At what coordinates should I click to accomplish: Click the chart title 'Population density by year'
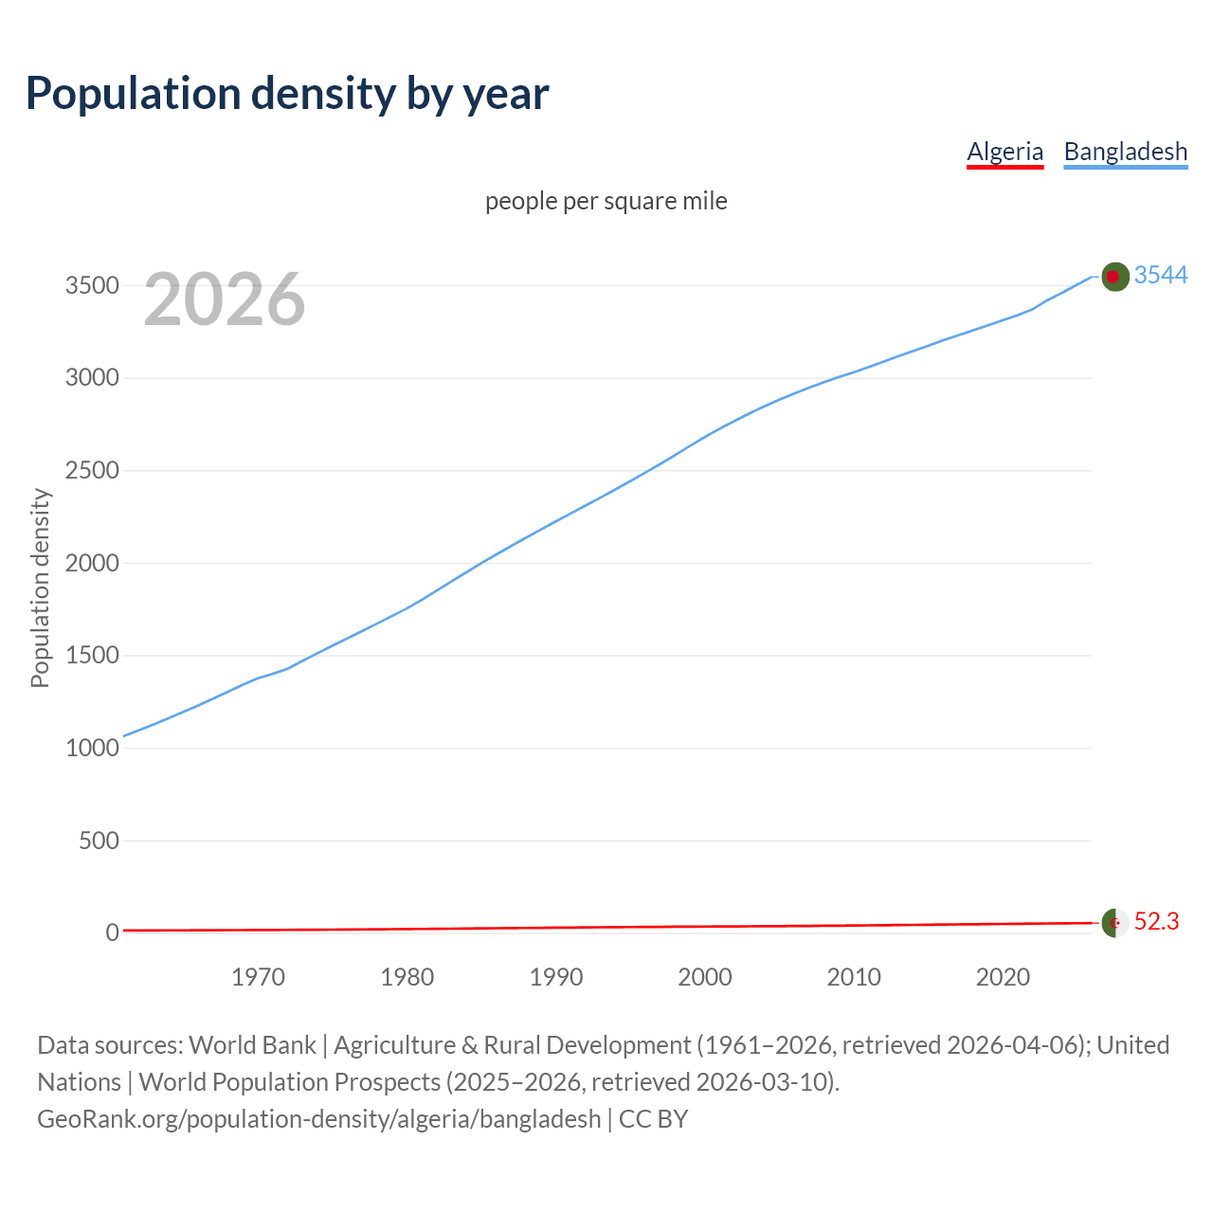[x=287, y=94]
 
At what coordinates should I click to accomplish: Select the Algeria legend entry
[x=1005, y=152]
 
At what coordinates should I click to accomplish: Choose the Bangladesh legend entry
[x=1125, y=152]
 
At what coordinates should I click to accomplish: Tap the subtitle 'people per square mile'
[x=606, y=202]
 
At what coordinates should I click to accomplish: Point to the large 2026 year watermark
[x=225, y=299]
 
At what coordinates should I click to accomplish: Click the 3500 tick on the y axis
[x=92, y=286]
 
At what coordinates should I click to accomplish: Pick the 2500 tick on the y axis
[x=92, y=471]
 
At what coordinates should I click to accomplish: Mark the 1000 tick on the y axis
[x=92, y=749]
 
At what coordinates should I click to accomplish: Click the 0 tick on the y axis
[x=112, y=933]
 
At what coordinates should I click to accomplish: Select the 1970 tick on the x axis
[x=258, y=977]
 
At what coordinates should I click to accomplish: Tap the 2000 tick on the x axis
[x=704, y=977]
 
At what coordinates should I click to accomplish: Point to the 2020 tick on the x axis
[x=1003, y=977]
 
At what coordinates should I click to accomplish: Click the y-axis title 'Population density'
[x=40, y=588]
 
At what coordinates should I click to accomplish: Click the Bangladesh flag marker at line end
[x=1114, y=276]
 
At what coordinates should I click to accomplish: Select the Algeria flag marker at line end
[x=1114, y=922]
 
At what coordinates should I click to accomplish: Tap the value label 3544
[x=1161, y=275]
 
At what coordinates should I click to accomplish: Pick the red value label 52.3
[x=1156, y=921]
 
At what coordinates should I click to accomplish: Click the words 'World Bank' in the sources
[x=252, y=1045]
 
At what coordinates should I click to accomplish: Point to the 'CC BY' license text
[x=653, y=1119]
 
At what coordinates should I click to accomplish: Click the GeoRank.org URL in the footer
[x=318, y=1119]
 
